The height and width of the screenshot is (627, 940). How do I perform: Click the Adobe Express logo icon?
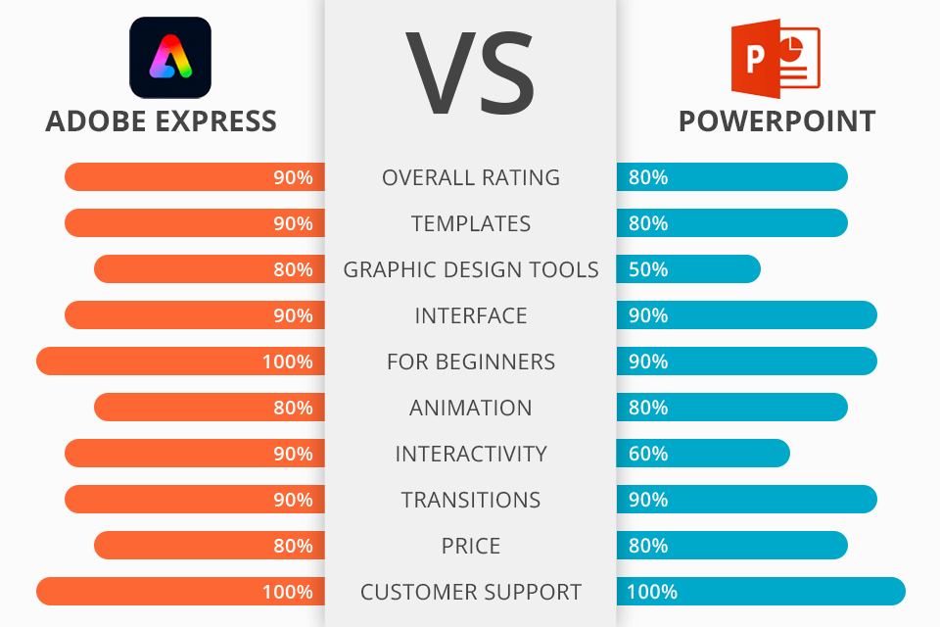point(170,58)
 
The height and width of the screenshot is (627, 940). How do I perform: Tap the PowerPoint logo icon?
point(775,58)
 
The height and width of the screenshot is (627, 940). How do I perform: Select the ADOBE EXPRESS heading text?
point(162,121)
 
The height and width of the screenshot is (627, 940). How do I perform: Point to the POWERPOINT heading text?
point(776,121)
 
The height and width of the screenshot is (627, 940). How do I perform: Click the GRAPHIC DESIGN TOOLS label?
point(471,269)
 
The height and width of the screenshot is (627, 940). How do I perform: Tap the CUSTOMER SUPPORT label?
point(471,592)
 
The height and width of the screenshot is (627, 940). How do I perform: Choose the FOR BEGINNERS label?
point(471,362)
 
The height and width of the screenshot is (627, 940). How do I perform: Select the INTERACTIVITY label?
point(471,454)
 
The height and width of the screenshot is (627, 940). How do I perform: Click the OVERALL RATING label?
point(471,177)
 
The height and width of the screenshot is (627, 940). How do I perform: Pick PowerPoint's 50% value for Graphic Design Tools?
point(648,269)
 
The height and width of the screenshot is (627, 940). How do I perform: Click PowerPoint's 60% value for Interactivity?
point(648,454)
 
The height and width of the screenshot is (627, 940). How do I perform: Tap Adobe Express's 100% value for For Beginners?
point(288,362)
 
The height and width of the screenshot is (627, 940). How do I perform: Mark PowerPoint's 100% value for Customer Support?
point(652,592)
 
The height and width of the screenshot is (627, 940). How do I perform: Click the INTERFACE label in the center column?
point(471,315)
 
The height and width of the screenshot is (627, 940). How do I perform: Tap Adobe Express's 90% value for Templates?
point(293,223)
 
